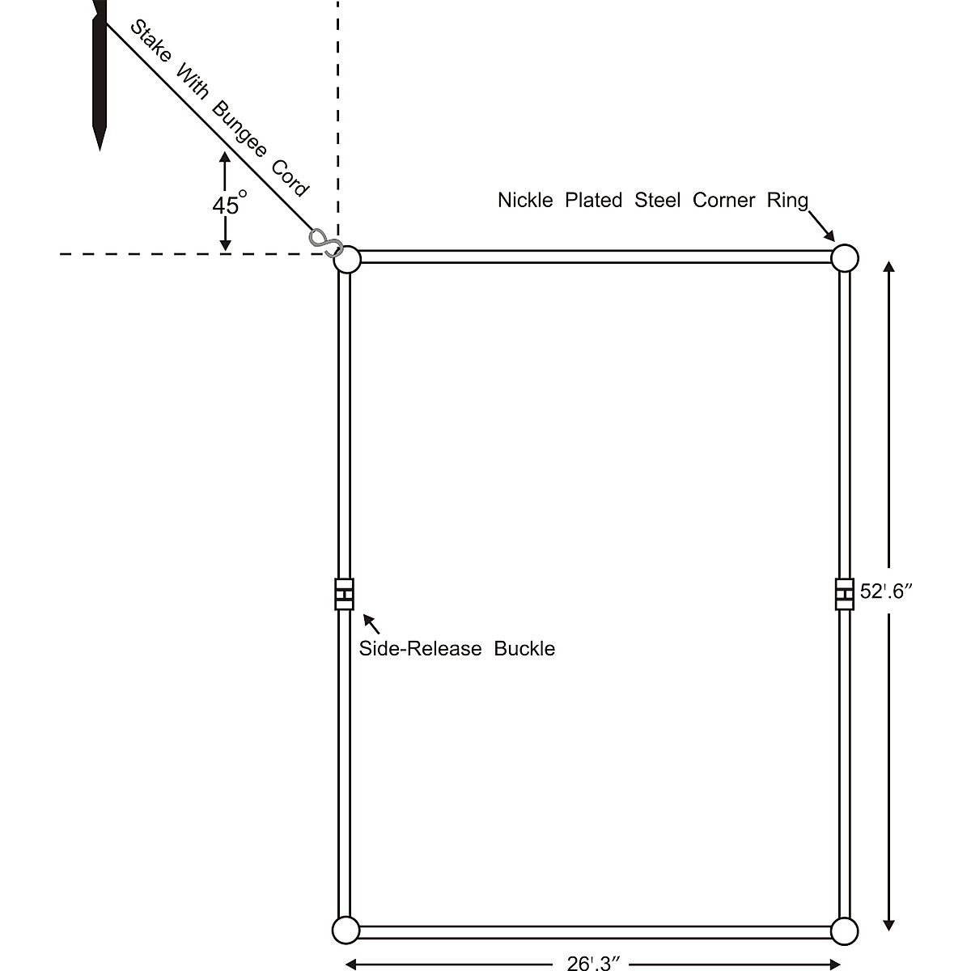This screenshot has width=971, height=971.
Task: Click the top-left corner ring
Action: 347,261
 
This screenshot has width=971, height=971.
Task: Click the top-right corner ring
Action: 844,258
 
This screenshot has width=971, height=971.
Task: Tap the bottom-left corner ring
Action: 346,931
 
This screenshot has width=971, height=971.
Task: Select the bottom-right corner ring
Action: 844,931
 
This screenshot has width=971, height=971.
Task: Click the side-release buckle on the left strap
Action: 345,595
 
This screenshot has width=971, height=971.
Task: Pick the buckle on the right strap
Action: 845,595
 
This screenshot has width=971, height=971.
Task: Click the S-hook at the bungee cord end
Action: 324,242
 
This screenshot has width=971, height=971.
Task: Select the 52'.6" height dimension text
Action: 886,592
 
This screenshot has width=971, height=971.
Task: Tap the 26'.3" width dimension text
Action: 593,963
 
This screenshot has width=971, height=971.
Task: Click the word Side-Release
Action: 420,648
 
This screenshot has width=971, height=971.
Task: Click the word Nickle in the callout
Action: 525,200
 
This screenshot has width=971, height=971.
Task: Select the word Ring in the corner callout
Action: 787,200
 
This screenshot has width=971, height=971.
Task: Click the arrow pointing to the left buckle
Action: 371,623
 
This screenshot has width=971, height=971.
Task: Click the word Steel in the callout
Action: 657,200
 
